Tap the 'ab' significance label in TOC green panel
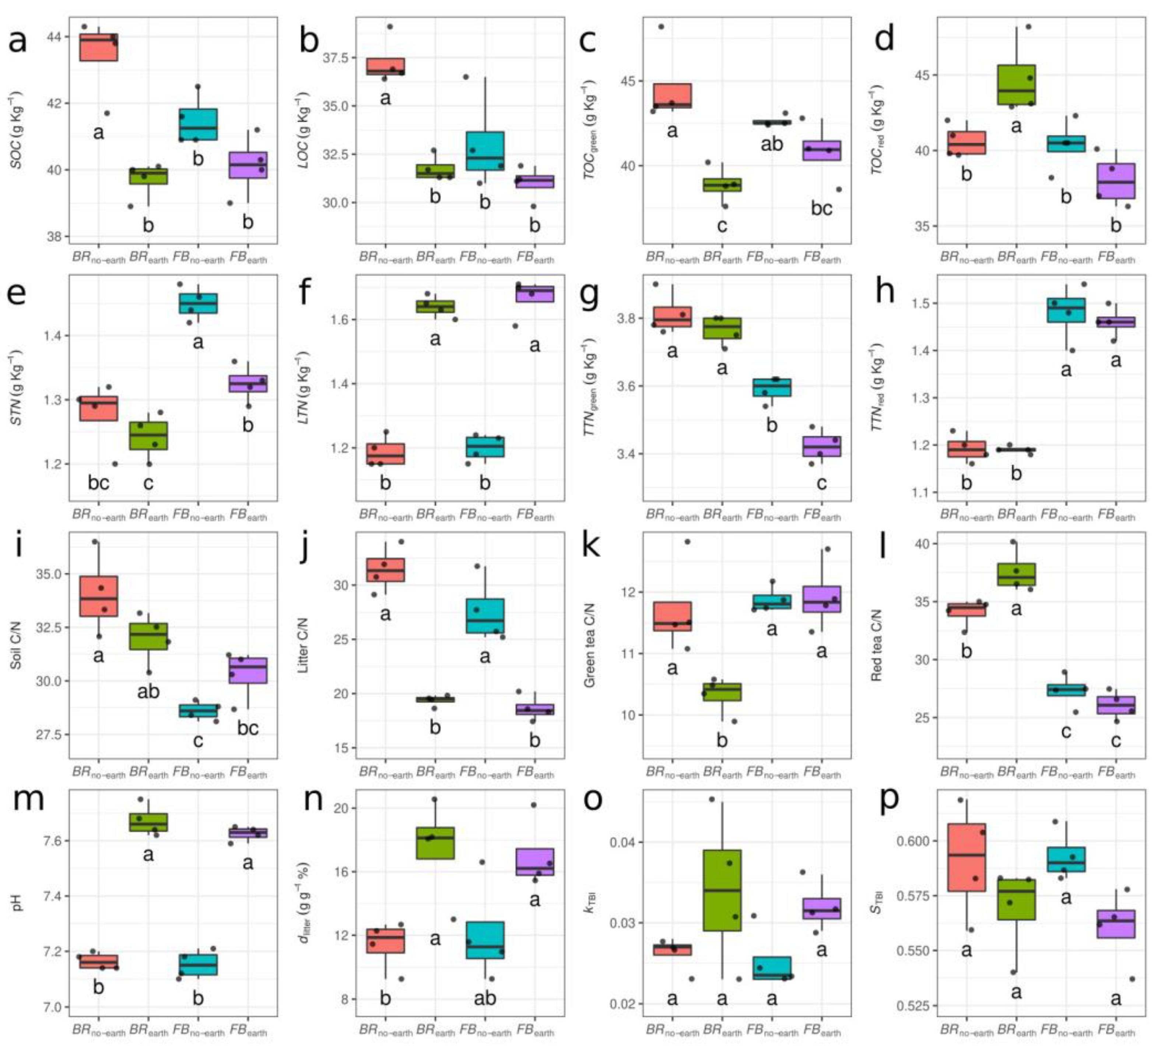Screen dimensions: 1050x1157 click(771, 143)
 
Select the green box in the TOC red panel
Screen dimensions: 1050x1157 click(1016, 84)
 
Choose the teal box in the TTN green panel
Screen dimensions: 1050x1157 click(771, 387)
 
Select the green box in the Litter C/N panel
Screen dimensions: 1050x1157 click(435, 699)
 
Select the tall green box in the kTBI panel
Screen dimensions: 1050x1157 click(722, 890)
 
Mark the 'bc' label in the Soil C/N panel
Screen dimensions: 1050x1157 click(248, 727)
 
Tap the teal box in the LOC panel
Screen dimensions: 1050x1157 click(485, 150)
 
